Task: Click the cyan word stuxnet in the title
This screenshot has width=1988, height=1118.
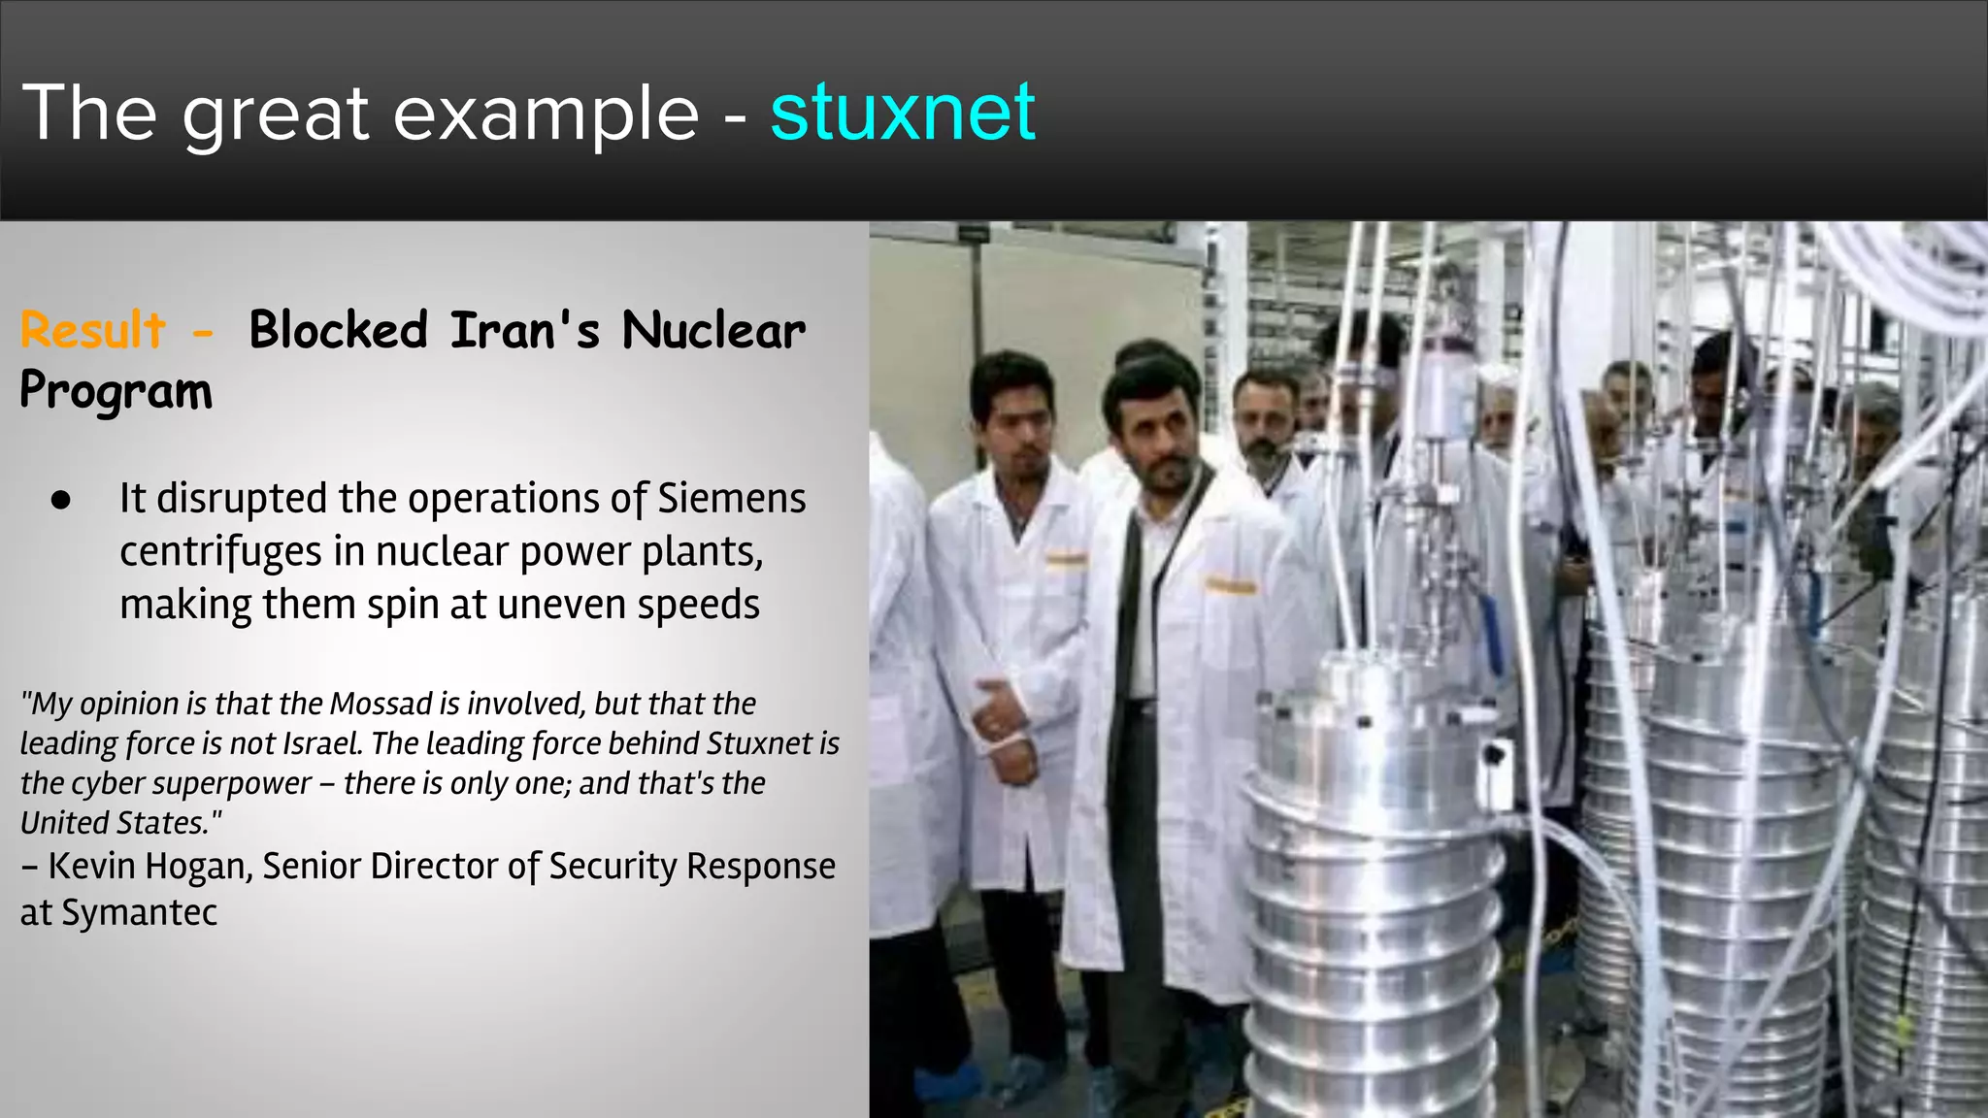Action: click(903, 114)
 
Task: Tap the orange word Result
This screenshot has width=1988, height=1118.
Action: click(93, 330)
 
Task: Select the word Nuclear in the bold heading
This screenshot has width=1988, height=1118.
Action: click(713, 330)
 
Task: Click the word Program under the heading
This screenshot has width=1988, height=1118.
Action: click(116, 391)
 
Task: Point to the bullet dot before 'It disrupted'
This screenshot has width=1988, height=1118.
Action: click(61, 501)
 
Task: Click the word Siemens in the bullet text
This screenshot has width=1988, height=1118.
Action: click(732, 499)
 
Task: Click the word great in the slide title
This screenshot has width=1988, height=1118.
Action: click(276, 114)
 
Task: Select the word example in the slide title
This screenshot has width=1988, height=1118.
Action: click(546, 114)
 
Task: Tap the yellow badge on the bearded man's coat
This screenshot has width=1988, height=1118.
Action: click(1229, 585)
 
